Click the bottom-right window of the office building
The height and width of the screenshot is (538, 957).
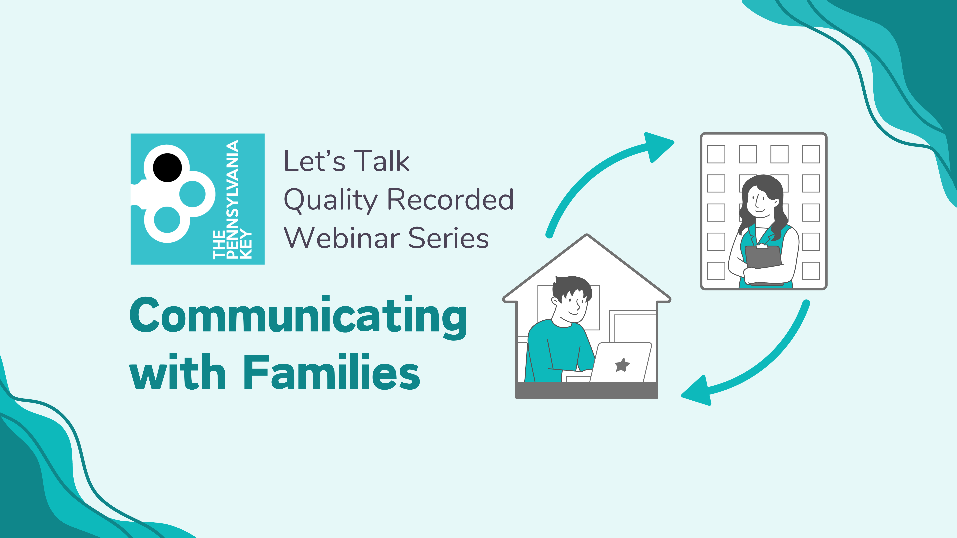[x=811, y=271]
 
